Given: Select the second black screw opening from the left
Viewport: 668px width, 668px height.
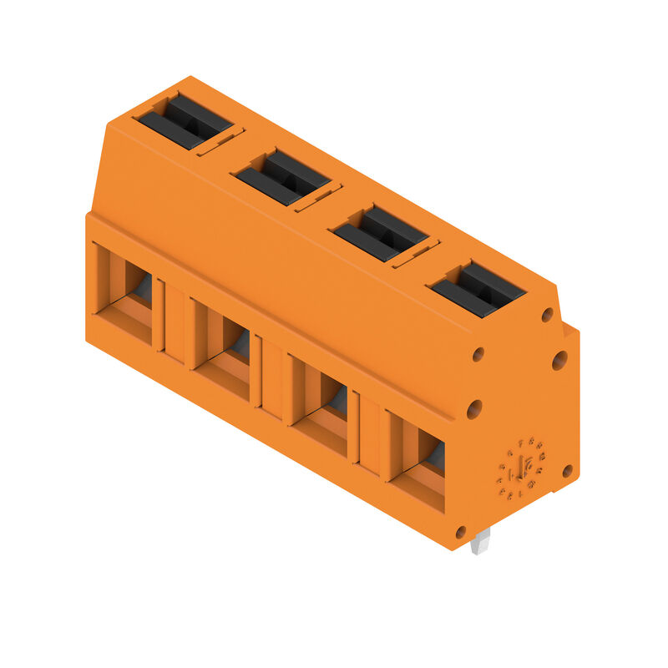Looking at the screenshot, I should tap(281, 177).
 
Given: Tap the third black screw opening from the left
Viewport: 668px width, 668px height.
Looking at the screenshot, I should tap(380, 234).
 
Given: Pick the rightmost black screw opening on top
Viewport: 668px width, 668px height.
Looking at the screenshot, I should tap(477, 289).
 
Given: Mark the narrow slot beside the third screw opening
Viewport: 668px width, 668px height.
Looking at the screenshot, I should tap(416, 254).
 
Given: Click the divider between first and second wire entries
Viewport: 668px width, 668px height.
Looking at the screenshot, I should tap(173, 321).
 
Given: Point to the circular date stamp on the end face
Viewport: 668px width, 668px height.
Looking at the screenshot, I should tap(523, 468).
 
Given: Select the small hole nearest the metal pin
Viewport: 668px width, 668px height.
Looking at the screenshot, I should tap(459, 531).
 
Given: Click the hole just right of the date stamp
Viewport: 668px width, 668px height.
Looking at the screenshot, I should tap(567, 471).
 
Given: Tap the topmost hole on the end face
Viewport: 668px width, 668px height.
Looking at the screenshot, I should tap(547, 315).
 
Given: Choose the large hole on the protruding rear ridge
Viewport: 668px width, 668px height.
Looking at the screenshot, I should tap(559, 360).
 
